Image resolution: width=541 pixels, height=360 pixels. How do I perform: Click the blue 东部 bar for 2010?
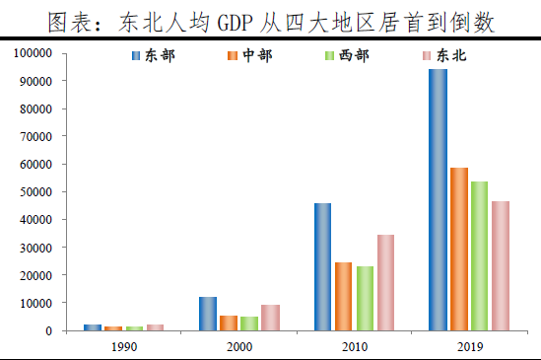pos(322,266)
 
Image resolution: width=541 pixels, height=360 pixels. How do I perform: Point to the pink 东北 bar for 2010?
pos(386,282)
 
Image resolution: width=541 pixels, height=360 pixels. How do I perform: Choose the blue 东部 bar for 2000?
pos(208,314)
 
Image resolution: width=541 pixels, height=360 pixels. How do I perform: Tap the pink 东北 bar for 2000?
pos(271,318)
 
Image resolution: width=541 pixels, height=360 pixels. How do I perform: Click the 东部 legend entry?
pos(152,55)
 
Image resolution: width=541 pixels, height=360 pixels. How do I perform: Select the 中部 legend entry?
pos(249,55)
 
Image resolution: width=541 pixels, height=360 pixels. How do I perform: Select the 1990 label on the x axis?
pos(125,347)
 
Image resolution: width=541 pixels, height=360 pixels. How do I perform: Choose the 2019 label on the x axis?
pos(469,347)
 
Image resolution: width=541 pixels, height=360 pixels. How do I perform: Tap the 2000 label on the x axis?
pos(239,347)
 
